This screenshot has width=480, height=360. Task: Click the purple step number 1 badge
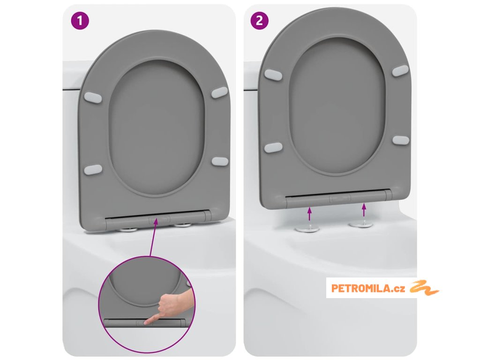coord(80,21)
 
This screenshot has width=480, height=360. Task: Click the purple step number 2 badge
coord(259,21)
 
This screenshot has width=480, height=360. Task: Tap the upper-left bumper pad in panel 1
coord(93,97)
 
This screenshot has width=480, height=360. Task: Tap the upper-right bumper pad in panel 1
coord(219,92)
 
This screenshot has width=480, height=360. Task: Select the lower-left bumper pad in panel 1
coord(93,170)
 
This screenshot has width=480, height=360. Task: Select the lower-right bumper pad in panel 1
coord(220,161)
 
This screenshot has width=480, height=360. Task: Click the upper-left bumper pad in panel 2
coord(273,75)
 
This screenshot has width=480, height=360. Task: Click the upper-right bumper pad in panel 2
coord(400,71)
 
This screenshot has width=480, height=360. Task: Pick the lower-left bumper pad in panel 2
coord(273,148)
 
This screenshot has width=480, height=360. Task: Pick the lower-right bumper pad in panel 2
coord(401,140)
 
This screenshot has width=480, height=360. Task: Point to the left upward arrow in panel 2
coord(309,214)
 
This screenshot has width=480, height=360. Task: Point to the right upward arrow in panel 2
coord(364,210)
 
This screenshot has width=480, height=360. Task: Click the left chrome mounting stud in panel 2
coord(307,228)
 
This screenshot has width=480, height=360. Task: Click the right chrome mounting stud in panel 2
coord(361,225)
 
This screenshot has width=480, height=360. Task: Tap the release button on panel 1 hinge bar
coord(159,219)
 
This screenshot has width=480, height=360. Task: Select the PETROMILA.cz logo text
coord(368,288)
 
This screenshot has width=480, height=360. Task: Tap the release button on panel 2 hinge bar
coord(340,199)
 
